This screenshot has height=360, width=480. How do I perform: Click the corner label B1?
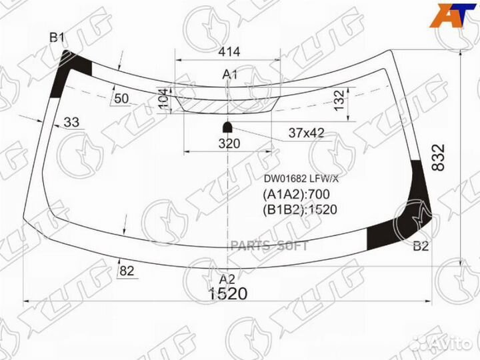pos(57,38)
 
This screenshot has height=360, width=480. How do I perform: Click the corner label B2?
pos(421,246)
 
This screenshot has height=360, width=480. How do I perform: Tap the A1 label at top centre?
pos(229,75)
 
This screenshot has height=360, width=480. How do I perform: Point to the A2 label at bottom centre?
pos(227,279)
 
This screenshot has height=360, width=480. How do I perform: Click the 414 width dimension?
pos(229,52)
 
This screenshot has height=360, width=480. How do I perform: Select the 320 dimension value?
pos(229,143)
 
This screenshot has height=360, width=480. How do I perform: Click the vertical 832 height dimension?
pos(439,157)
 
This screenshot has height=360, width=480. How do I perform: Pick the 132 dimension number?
pos(339,101)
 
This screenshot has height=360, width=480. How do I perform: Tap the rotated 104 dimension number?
pos(163,99)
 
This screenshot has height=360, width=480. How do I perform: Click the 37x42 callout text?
pos(306,133)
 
